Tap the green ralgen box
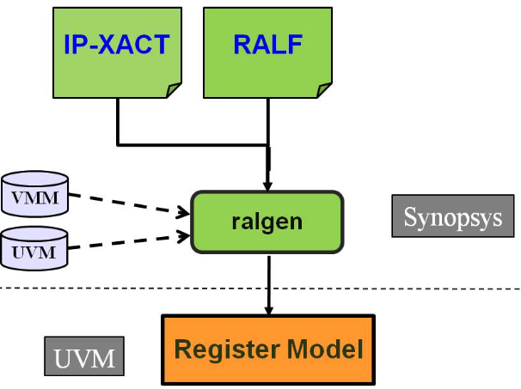(267, 222)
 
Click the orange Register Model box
(268, 349)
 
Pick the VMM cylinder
(35, 194)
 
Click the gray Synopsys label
(452, 216)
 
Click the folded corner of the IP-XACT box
(174, 89)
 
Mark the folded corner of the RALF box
(324, 89)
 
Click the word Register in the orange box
(224, 349)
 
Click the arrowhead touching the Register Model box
(269, 310)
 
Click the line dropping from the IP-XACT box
(118, 120)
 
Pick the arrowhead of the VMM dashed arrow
(183, 211)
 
